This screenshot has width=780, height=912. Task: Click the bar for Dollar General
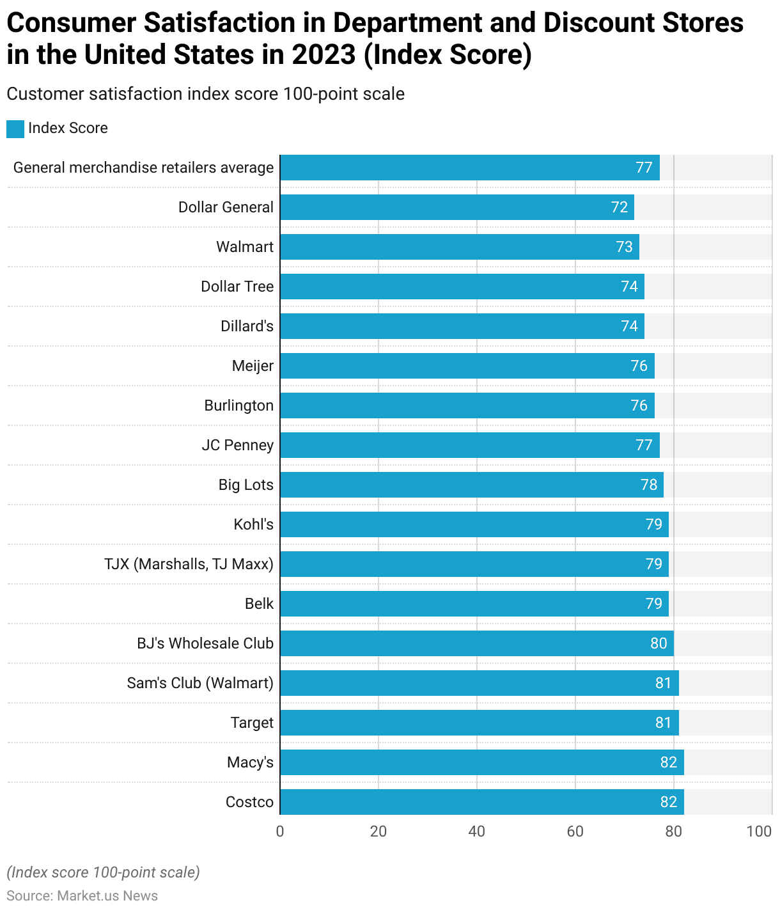tap(456, 207)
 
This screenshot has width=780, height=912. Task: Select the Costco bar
tap(481, 802)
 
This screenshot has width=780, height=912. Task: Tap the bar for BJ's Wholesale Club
tap(476, 643)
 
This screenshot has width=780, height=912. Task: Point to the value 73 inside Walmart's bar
tap(624, 247)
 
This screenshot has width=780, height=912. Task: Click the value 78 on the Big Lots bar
tap(649, 485)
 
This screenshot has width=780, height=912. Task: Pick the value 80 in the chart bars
tap(659, 643)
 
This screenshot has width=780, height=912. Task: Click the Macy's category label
tap(250, 762)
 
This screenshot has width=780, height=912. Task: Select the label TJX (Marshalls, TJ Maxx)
tap(189, 564)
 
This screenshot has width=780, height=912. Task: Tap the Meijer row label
tap(253, 366)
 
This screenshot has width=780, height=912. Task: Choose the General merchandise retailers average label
tap(143, 168)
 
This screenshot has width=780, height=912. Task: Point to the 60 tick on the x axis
tap(575, 831)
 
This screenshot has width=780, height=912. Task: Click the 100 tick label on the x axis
tap(759, 831)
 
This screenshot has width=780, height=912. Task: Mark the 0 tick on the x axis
tap(280, 831)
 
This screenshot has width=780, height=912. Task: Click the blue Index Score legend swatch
tap(15, 129)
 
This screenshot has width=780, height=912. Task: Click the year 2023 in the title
tap(324, 55)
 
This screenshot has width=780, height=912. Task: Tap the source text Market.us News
tap(107, 895)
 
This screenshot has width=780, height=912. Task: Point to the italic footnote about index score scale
tap(103, 872)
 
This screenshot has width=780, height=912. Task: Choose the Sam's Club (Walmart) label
tap(200, 683)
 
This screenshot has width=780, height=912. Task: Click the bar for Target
tap(479, 723)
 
